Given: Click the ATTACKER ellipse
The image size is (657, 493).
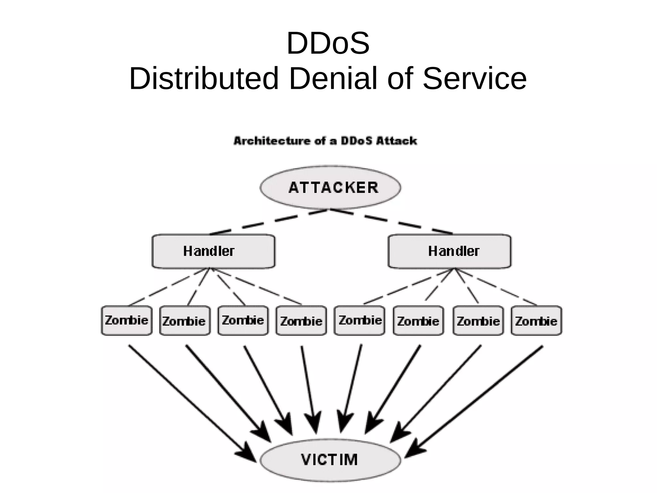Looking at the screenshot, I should coord(330,187).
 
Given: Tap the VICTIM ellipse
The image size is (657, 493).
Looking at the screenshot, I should coord(330,460).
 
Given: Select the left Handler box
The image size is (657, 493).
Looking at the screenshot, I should coord(213,251).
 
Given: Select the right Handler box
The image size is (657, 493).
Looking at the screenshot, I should coord(449,251).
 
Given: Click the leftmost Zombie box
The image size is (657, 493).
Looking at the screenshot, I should coord(127,320).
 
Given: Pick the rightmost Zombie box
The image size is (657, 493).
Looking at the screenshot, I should coord(536,321).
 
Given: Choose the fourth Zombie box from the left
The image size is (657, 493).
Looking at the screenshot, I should coord(301,321).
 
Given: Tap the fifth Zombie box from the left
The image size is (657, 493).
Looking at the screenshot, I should coord(360,320).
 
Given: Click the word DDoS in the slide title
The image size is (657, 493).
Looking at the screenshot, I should coord(328,43).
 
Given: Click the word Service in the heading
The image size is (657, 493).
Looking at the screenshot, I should coord(475,79).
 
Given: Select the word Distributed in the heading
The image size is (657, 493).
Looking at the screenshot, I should coord(204,79).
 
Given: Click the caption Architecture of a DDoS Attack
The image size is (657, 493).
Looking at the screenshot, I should coord(325,141).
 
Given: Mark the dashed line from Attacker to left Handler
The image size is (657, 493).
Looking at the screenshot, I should coord(269,221).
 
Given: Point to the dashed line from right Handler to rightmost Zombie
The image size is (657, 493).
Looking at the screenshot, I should coord(496,287).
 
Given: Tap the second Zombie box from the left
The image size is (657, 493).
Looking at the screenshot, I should coord(185,321).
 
